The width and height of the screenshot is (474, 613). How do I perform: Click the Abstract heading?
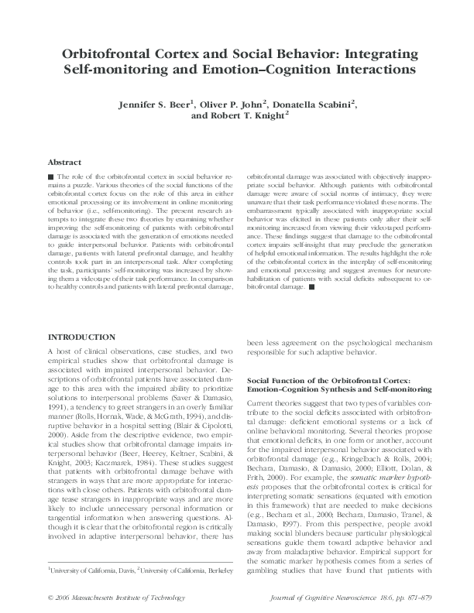point(65,163)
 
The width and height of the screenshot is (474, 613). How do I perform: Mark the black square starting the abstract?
point(51,177)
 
